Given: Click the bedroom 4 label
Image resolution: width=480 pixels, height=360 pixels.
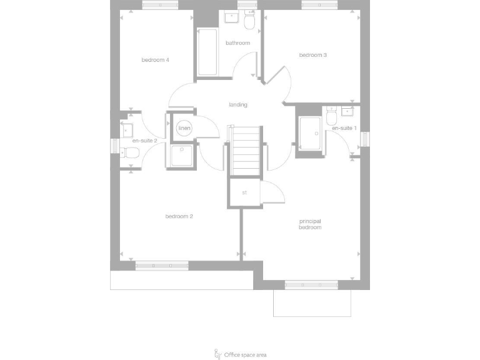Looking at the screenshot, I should [156, 60].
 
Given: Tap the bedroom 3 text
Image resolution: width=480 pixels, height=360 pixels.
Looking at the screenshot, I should [313, 55].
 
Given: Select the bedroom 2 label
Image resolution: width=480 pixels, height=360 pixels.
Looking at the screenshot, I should [179, 216].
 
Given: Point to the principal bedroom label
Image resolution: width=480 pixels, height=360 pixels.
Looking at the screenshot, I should [310, 224].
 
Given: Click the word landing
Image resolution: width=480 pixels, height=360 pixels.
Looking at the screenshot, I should [237, 104].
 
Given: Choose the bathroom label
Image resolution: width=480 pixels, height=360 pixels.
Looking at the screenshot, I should [237, 43].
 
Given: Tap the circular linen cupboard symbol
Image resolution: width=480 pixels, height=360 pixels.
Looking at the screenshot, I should [184, 128].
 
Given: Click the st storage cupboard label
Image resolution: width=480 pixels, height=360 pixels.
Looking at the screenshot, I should [244, 192].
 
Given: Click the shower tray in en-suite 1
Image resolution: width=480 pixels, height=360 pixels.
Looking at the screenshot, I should [309, 134].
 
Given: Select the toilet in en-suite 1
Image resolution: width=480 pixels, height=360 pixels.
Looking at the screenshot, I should [331, 117].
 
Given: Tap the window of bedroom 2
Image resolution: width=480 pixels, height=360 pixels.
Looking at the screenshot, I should [162, 266].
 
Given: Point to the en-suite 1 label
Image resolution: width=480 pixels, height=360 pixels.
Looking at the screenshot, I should [344, 128].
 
